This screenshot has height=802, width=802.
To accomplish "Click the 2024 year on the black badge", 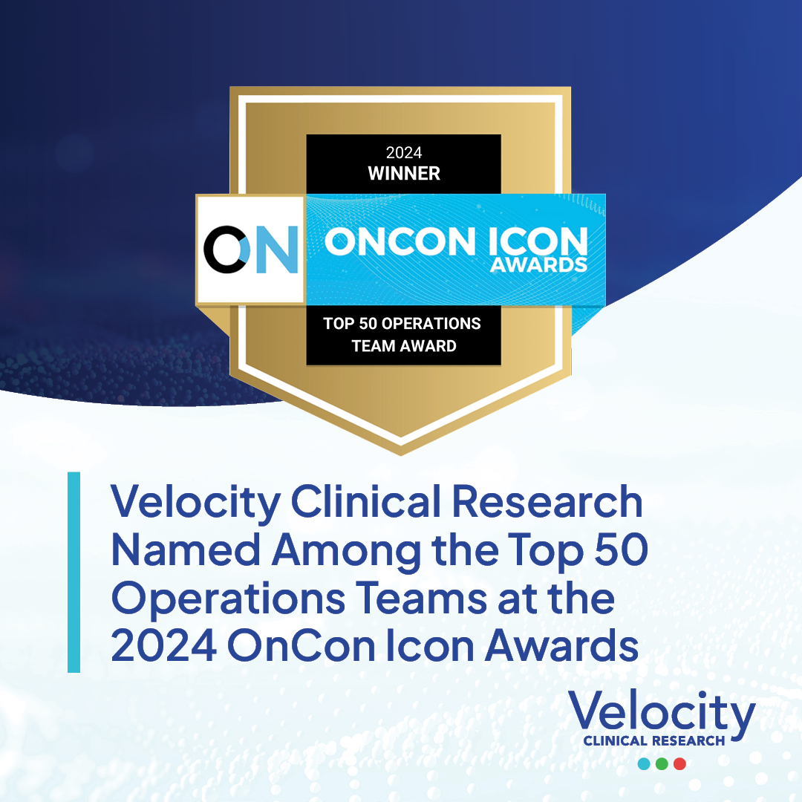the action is [404, 152].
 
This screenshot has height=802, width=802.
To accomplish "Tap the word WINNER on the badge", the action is [404, 173].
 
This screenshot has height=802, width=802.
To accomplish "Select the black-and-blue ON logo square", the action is [251, 250].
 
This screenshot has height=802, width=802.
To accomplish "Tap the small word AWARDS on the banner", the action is [538, 265].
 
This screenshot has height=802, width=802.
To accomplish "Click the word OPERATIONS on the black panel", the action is [431, 323].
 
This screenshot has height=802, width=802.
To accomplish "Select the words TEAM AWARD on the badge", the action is [404, 346].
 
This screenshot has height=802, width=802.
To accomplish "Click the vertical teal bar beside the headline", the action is [74, 572].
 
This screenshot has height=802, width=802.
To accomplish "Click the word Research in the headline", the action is [547, 501].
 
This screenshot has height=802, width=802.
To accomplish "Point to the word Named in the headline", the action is [186, 550].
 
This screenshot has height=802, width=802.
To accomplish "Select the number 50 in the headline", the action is [622, 550].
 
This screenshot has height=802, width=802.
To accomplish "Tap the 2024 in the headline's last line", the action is [163, 645].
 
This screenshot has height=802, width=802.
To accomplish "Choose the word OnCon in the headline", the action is [301, 645].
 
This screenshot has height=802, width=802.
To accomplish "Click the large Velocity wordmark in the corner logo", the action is [662, 713].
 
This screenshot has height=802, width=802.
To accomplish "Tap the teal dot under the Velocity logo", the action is [644, 763].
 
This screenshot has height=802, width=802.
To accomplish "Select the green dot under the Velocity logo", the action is [662, 763].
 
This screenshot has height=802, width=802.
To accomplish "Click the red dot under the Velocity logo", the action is [679, 763].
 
